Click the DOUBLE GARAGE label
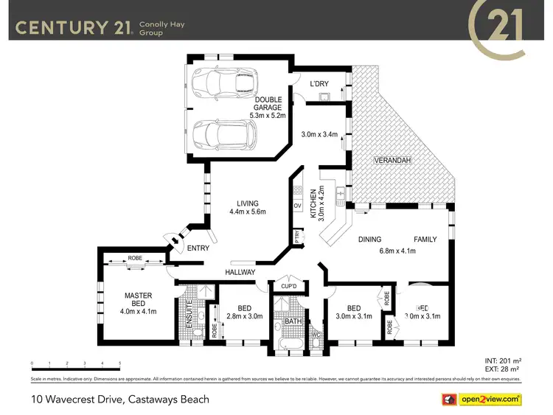268,103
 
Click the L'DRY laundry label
319,84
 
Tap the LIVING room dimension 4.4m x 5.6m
247,212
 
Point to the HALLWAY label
240,272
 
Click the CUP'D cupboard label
288,286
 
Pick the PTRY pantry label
297,237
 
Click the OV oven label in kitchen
297,205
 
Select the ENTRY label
198,248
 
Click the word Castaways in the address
160,400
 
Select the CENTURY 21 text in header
74,28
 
